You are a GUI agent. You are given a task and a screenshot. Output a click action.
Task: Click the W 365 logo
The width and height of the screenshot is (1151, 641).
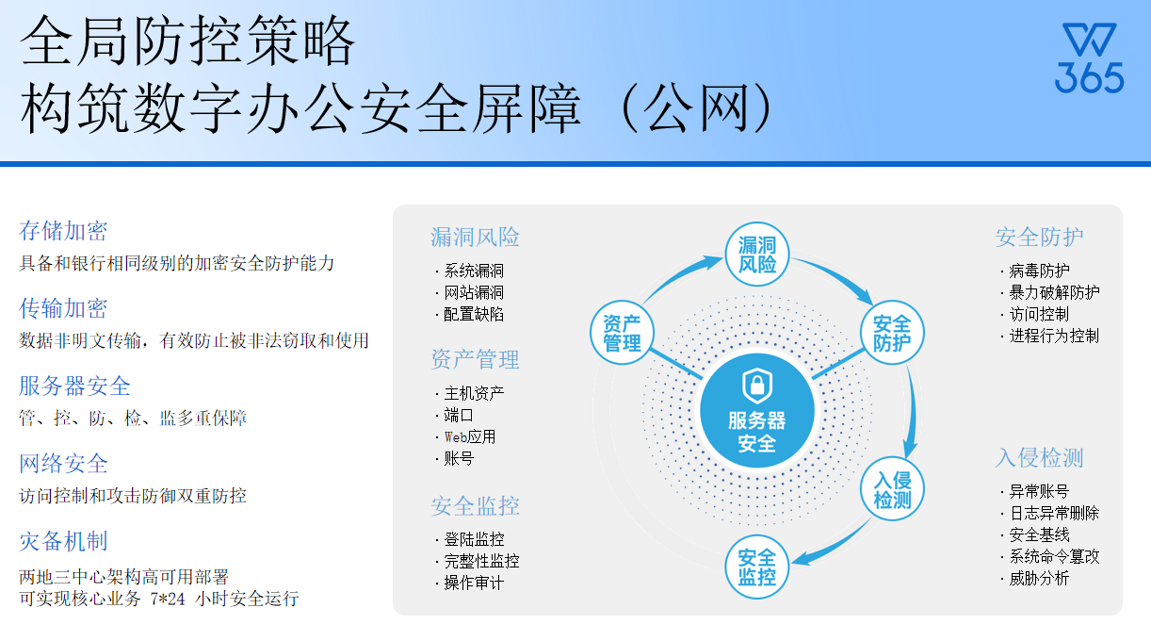(1090, 58)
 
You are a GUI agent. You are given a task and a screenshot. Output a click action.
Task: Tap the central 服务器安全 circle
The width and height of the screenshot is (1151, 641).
(757, 411)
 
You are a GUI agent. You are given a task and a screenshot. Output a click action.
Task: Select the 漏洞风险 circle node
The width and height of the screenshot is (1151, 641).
(757, 255)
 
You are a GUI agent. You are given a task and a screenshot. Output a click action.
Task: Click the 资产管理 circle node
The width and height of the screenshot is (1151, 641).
(622, 333)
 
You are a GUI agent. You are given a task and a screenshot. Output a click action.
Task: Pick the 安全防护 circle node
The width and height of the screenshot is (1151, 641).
(892, 333)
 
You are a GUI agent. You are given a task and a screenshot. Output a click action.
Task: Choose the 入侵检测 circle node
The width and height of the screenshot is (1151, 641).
(892, 488)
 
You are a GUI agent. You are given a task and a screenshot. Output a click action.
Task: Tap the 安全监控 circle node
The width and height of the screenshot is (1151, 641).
(757, 567)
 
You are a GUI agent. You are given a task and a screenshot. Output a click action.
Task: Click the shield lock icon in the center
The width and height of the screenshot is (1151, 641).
(757, 385)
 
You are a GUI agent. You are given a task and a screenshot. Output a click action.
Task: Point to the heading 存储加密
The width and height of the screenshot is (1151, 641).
(63, 231)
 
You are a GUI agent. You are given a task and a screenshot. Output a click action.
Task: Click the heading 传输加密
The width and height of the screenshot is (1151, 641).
(63, 308)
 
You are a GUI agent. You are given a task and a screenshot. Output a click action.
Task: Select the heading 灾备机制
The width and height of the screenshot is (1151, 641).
(63, 541)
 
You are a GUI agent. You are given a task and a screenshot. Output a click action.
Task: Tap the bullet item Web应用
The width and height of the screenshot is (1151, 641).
(470, 436)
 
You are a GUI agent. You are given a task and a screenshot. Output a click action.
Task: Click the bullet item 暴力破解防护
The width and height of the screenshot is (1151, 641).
(1054, 292)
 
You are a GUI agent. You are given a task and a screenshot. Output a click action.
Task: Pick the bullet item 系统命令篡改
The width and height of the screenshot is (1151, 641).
(1054, 556)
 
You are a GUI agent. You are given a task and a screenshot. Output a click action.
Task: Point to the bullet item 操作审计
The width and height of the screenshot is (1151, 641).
(474, 583)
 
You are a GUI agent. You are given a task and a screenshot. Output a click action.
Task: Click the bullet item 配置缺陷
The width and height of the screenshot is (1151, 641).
(474, 314)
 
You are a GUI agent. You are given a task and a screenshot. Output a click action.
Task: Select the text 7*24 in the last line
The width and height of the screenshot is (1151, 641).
(168, 599)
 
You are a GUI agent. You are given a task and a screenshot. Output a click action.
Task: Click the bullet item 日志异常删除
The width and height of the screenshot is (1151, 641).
(1054, 513)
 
